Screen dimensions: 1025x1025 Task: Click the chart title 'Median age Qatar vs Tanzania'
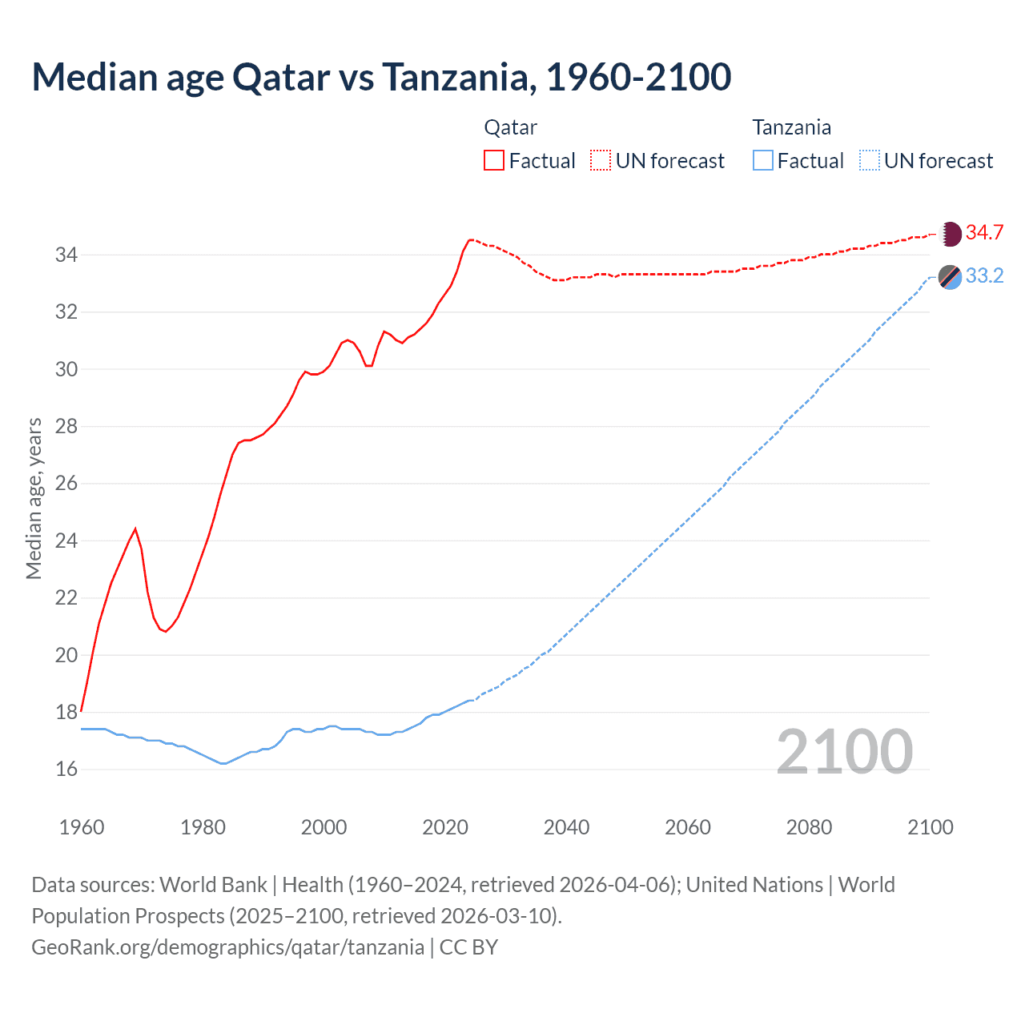click(x=381, y=77)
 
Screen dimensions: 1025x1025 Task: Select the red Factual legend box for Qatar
click(x=494, y=160)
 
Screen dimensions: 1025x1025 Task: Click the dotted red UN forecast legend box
click(x=601, y=160)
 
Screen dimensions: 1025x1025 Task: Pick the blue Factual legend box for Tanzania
click(x=763, y=160)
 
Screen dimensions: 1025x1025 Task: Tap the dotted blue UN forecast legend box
click(x=870, y=160)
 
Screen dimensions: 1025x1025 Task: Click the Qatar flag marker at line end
click(x=950, y=233)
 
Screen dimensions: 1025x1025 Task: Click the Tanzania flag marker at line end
click(x=950, y=276)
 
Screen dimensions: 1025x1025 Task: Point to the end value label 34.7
click(x=984, y=233)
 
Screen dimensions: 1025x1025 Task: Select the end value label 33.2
click(x=984, y=276)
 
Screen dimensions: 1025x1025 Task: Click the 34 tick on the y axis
click(x=66, y=255)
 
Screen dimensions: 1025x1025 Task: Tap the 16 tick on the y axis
click(x=66, y=770)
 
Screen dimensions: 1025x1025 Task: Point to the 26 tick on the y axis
click(x=66, y=484)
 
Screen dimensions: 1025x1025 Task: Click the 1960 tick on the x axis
click(x=82, y=827)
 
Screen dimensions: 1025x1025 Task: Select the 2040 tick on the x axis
click(x=566, y=827)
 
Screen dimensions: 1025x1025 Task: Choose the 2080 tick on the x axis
click(x=809, y=827)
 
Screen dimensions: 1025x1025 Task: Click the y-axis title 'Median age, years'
click(x=34, y=498)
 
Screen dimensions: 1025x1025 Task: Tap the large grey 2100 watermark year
click(x=844, y=752)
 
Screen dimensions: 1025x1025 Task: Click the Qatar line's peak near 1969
click(x=135, y=529)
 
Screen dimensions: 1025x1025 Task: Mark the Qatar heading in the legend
click(x=510, y=127)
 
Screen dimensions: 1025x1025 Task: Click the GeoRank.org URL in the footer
click(x=228, y=947)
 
